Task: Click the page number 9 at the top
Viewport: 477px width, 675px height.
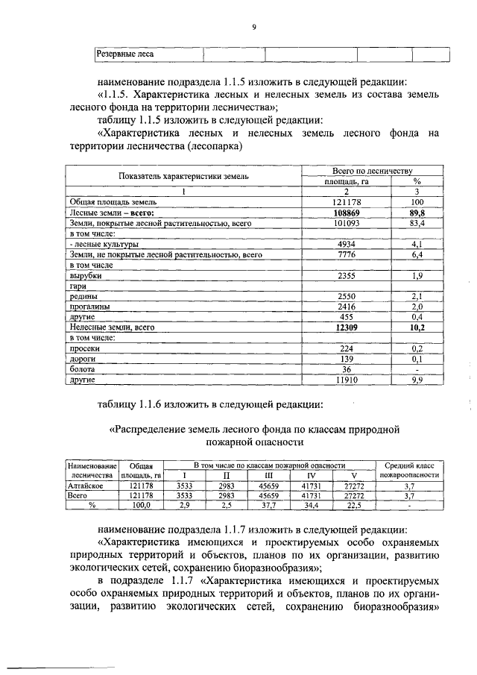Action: (253, 27)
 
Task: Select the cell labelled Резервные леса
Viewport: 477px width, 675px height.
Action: (124, 54)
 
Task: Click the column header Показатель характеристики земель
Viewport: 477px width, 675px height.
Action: (183, 176)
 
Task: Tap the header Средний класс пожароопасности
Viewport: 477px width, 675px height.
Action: (409, 470)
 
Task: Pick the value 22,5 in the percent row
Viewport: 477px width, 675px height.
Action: (353, 505)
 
